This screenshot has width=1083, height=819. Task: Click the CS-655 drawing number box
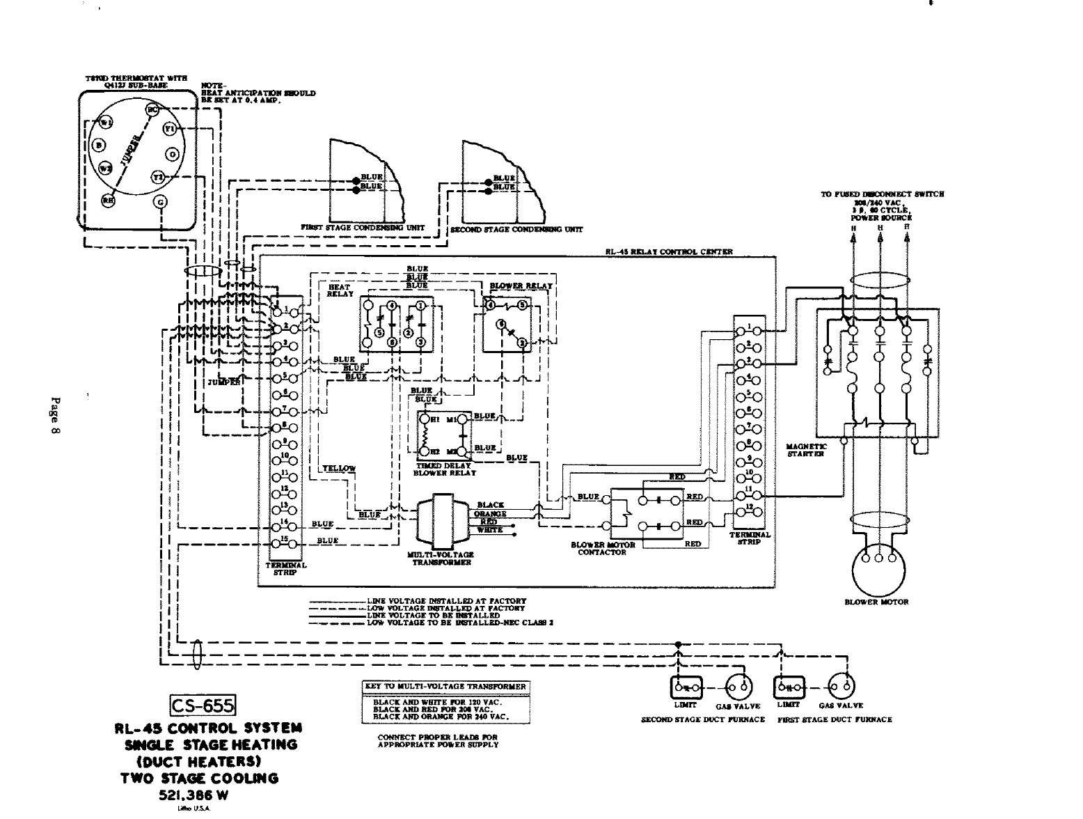click(204, 706)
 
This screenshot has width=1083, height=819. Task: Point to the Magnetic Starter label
click(806, 450)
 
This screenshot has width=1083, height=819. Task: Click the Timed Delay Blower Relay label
click(444, 469)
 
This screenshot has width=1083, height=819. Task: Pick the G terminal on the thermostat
click(161, 203)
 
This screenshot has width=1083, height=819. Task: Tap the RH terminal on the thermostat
click(108, 199)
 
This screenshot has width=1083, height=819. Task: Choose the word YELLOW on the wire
click(339, 468)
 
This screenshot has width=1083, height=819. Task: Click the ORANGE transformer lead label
click(491, 513)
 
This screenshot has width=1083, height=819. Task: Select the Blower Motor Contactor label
click(602, 549)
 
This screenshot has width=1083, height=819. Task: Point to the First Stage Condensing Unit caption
click(363, 228)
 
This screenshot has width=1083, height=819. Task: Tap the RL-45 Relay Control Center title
click(668, 252)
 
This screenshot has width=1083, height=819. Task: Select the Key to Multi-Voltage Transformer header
click(446, 687)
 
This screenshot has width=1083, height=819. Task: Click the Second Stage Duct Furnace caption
click(702, 719)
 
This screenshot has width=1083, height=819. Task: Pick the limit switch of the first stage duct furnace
click(790, 687)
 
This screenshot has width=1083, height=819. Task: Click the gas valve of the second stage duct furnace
click(739, 687)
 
